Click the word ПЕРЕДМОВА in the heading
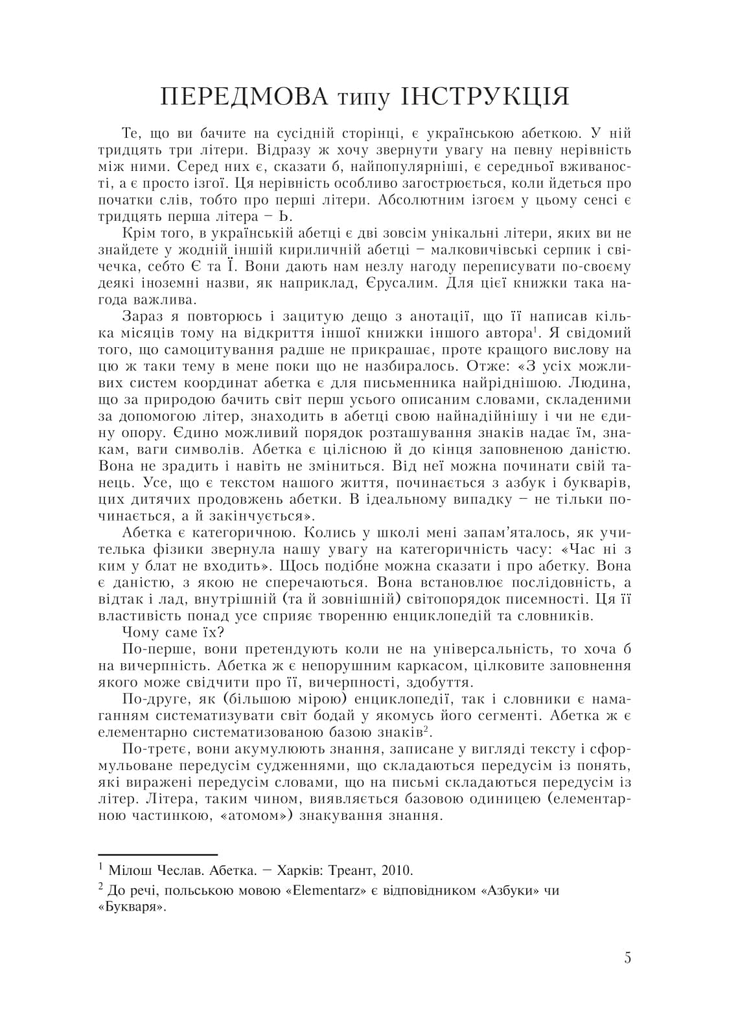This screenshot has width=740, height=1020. pyautogui.click(x=245, y=96)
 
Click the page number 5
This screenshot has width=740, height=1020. pyautogui.click(x=627, y=958)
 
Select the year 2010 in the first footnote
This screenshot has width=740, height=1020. pyautogui.click(x=397, y=870)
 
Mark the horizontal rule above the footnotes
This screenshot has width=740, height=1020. pyautogui.click(x=157, y=855)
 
